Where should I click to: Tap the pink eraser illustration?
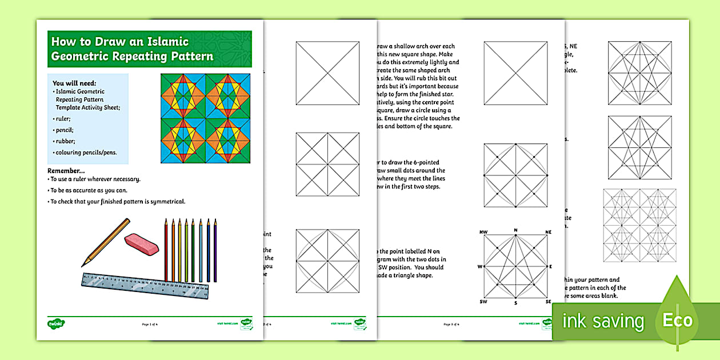point(141,243)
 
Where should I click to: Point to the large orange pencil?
point(106,242)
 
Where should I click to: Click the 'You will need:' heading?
point(74,83)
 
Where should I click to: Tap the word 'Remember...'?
point(66,171)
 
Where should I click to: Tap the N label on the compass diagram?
point(515,230)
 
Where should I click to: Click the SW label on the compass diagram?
point(482,302)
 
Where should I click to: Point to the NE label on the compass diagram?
point(548,232)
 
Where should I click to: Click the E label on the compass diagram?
point(550,267)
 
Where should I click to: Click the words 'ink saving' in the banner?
point(603,321)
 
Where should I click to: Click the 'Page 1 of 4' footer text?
point(149,324)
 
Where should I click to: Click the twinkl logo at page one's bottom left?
point(54,323)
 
